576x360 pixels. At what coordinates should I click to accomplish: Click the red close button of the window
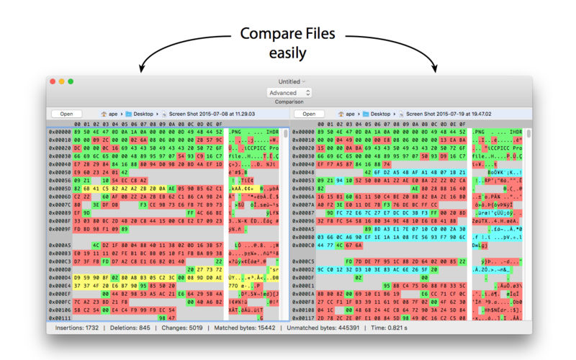(x=52, y=81)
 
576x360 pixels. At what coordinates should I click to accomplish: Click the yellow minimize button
(x=61, y=81)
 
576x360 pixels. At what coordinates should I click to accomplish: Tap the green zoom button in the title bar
(x=71, y=81)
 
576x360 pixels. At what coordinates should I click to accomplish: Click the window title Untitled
(x=289, y=82)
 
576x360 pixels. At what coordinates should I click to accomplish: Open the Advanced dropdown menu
(x=289, y=93)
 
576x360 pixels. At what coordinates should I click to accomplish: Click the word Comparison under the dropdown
(x=288, y=102)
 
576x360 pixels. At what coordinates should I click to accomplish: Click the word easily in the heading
(x=288, y=53)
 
